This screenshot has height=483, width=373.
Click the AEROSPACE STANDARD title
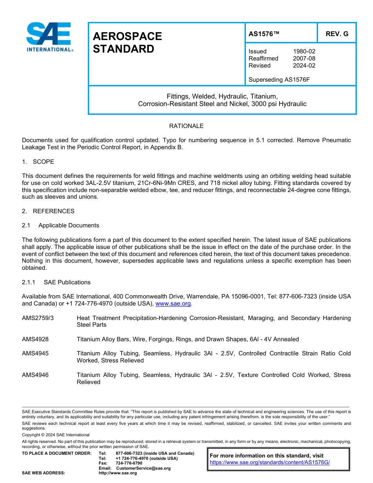[127, 43]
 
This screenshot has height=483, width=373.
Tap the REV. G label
[336, 34]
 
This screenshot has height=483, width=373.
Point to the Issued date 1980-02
[304, 51]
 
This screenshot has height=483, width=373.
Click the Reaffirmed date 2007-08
[304, 59]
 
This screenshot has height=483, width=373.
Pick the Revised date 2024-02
[304, 66]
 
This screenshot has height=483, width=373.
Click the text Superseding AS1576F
[279, 80]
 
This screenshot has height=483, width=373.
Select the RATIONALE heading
[186, 126]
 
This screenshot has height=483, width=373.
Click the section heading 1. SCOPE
[38, 162]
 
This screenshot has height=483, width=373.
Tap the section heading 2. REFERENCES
[48, 211]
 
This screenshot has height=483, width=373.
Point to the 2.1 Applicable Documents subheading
[61, 225]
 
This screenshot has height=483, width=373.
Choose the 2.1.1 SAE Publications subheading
[56, 282]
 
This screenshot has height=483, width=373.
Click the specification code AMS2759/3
[38, 318]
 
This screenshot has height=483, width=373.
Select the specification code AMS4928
[35, 339]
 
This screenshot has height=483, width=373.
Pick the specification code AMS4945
[35, 353]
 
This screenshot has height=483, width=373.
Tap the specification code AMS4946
[35, 375]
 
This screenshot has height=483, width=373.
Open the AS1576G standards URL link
[270, 462]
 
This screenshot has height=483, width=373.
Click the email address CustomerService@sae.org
[143, 468]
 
